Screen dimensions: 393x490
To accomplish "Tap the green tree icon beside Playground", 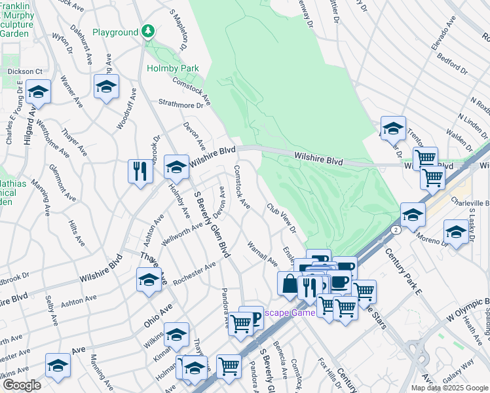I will click(149, 31).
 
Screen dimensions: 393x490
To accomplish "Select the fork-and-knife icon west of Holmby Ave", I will click(140, 171).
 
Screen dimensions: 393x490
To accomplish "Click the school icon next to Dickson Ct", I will click(38, 94).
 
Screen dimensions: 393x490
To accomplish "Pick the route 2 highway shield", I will click(396, 231).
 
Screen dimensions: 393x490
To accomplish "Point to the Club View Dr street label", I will click(281, 218).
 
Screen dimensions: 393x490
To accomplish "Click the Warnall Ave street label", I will click(263, 253).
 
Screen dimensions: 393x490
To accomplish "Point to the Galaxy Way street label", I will click(457, 371).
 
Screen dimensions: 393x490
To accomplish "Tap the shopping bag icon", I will click(290, 284).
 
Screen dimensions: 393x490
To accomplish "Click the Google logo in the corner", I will click(22, 385).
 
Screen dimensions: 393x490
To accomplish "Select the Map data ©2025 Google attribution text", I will click(449, 388).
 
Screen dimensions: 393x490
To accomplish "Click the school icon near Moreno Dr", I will click(456, 232).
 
